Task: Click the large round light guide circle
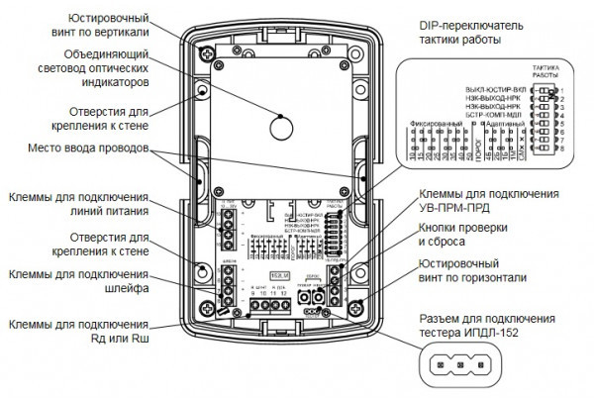pyautogui.click(x=280, y=127)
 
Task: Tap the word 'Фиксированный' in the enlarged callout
pyautogui.click(x=438, y=125)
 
